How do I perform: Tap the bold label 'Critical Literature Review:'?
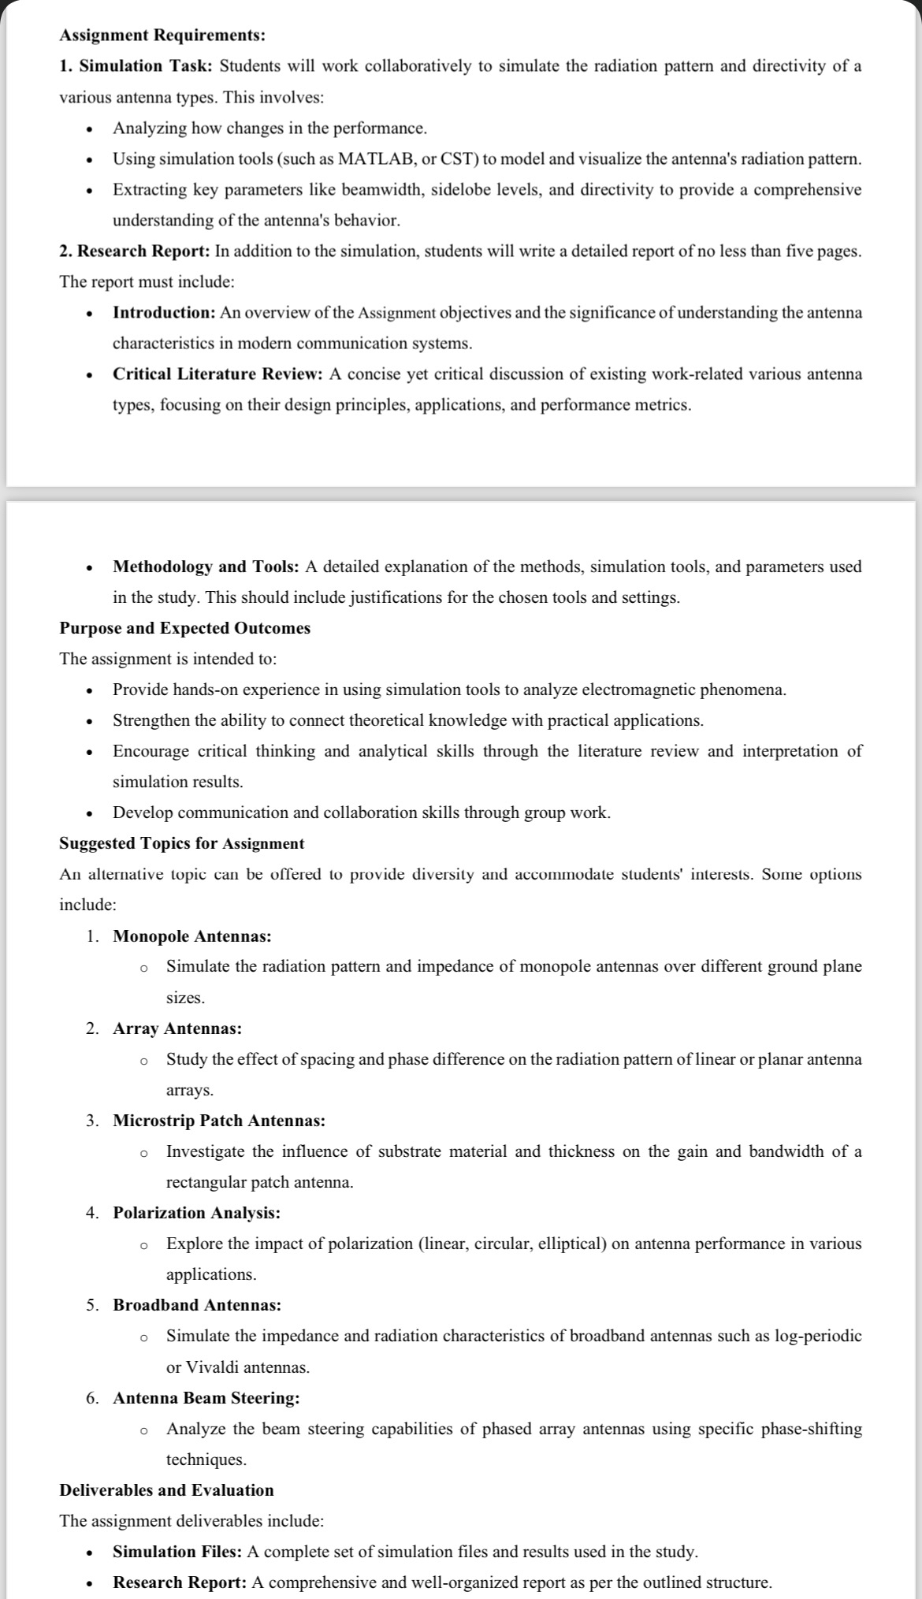[217, 374]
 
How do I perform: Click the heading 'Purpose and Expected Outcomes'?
[184, 628]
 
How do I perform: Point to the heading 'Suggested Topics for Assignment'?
[181, 843]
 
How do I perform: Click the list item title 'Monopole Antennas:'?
[192, 936]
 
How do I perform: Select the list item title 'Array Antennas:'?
[177, 1028]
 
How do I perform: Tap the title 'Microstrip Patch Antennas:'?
[219, 1121]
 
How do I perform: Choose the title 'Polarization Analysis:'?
[196, 1213]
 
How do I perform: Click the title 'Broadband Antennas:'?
[197, 1305]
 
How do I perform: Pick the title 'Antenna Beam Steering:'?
[206, 1398]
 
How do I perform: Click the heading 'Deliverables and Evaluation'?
[166, 1490]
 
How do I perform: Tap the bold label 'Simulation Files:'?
[178, 1552]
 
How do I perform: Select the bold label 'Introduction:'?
[164, 313]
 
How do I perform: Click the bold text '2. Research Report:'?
[135, 251]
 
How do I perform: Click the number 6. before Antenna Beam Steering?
[93, 1398]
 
